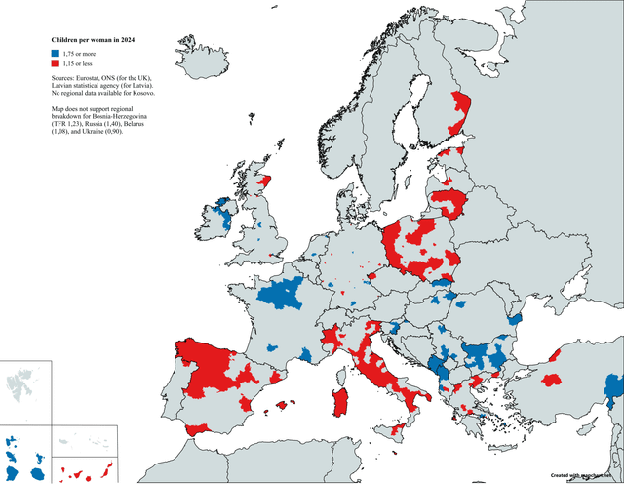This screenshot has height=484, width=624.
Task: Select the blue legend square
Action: coord(55,55)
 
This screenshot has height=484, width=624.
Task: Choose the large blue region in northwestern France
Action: coord(288,292)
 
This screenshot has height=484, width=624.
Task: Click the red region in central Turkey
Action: coord(550,379)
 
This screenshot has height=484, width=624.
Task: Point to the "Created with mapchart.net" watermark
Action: coord(586,475)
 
